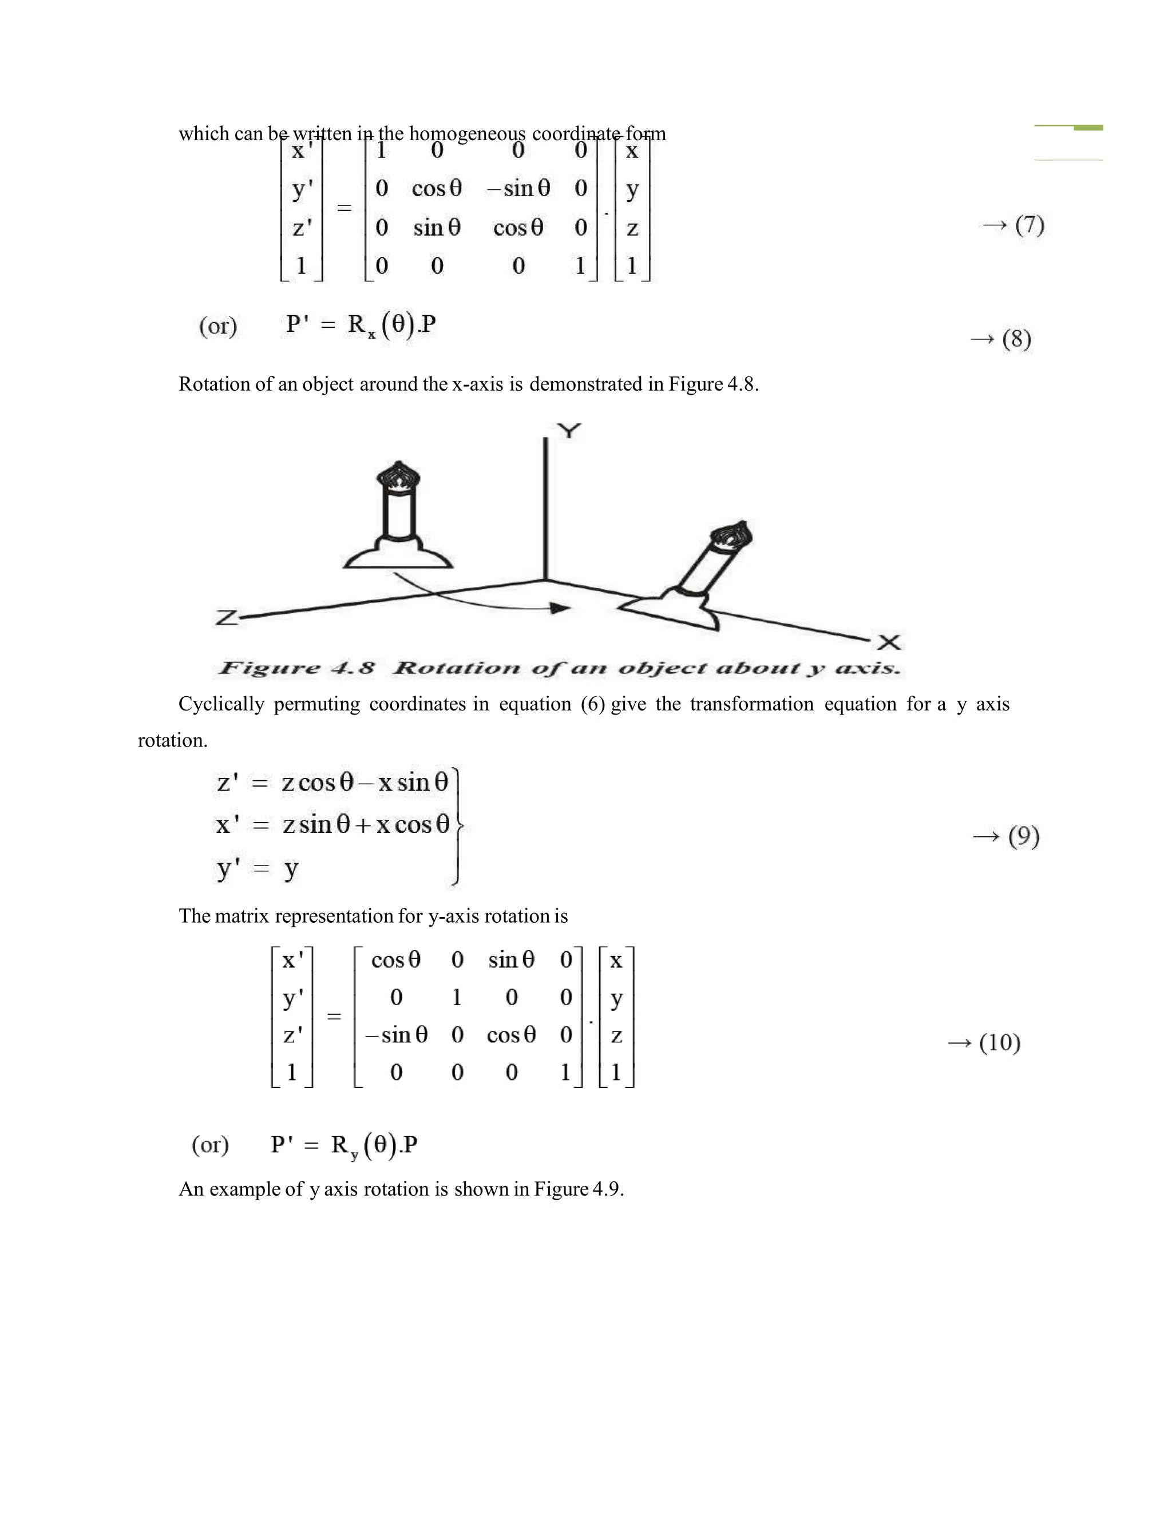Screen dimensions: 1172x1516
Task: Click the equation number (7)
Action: pyautogui.click(x=1029, y=224)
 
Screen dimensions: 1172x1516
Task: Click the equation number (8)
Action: pyautogui.click(x=1016, y=339)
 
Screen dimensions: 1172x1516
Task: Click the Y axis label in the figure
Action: pyautogui.click(x=569, y=431)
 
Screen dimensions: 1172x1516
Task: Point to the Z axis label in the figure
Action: pyautogui.click(x=227, y=617)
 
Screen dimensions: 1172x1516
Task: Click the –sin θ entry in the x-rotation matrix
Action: pyautogui.click(x=518, y=188)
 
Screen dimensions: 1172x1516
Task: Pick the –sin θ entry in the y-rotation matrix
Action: pyautogui.click(x=397, y=1035)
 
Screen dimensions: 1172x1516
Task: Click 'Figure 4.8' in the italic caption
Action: pyautogui.click(x=296, y=668)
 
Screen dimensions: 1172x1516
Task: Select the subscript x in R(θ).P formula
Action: pyautogui.click(x=372, y=335)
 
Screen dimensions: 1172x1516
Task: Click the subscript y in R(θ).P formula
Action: pyautogui.click(x=355, y=1156)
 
